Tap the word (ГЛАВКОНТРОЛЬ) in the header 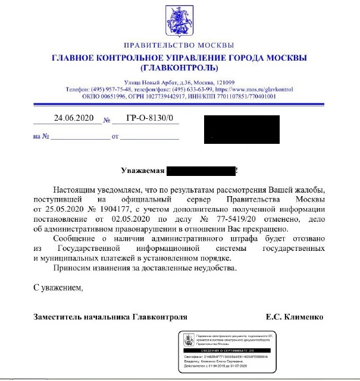(179, 68)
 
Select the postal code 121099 (223, 82)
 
